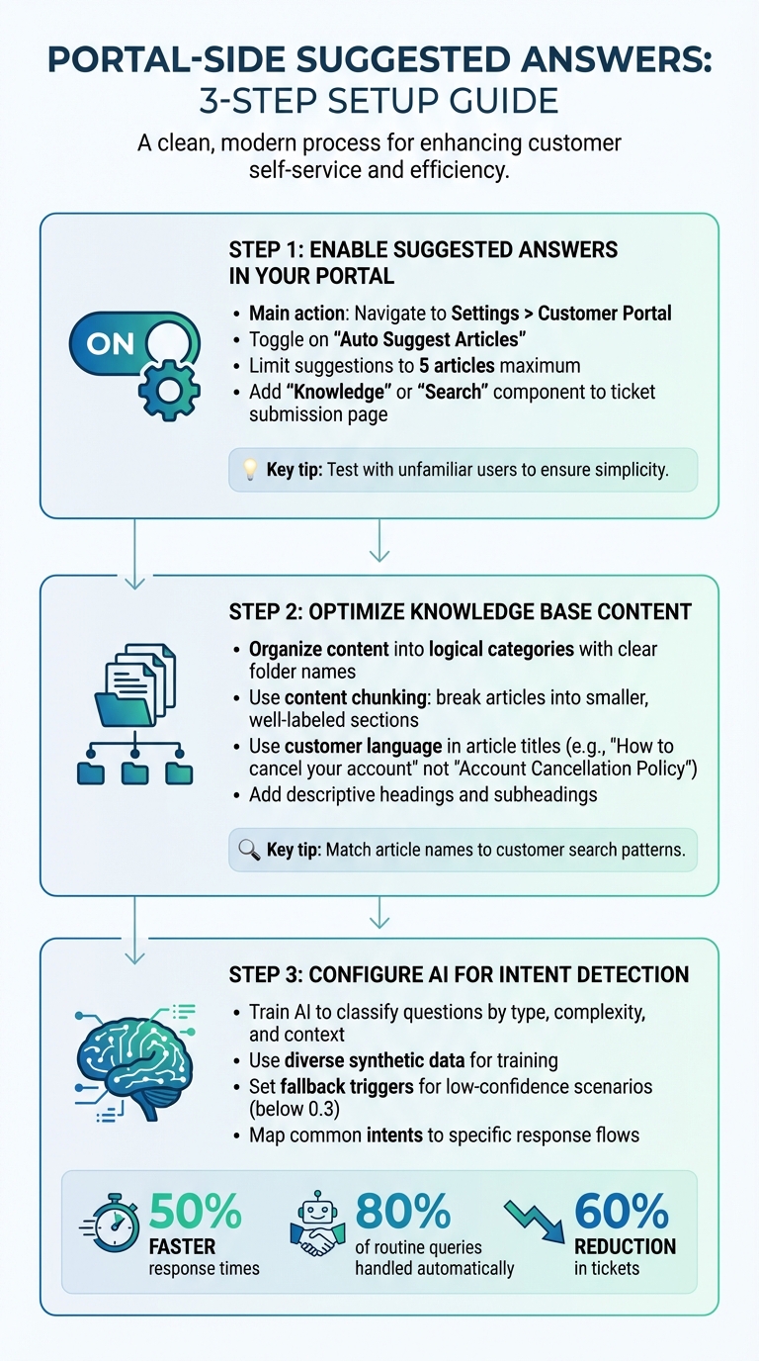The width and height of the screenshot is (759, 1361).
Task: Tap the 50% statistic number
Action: point(196,1212)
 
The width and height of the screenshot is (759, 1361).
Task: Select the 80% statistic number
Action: point(402,1212)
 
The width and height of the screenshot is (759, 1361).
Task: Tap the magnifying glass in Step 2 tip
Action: point(249,850)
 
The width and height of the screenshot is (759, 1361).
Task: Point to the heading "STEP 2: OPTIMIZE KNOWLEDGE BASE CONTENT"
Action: point(460,612)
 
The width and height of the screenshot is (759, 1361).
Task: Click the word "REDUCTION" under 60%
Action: point(625,1246)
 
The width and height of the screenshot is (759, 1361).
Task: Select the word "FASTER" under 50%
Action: point(183,1246)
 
